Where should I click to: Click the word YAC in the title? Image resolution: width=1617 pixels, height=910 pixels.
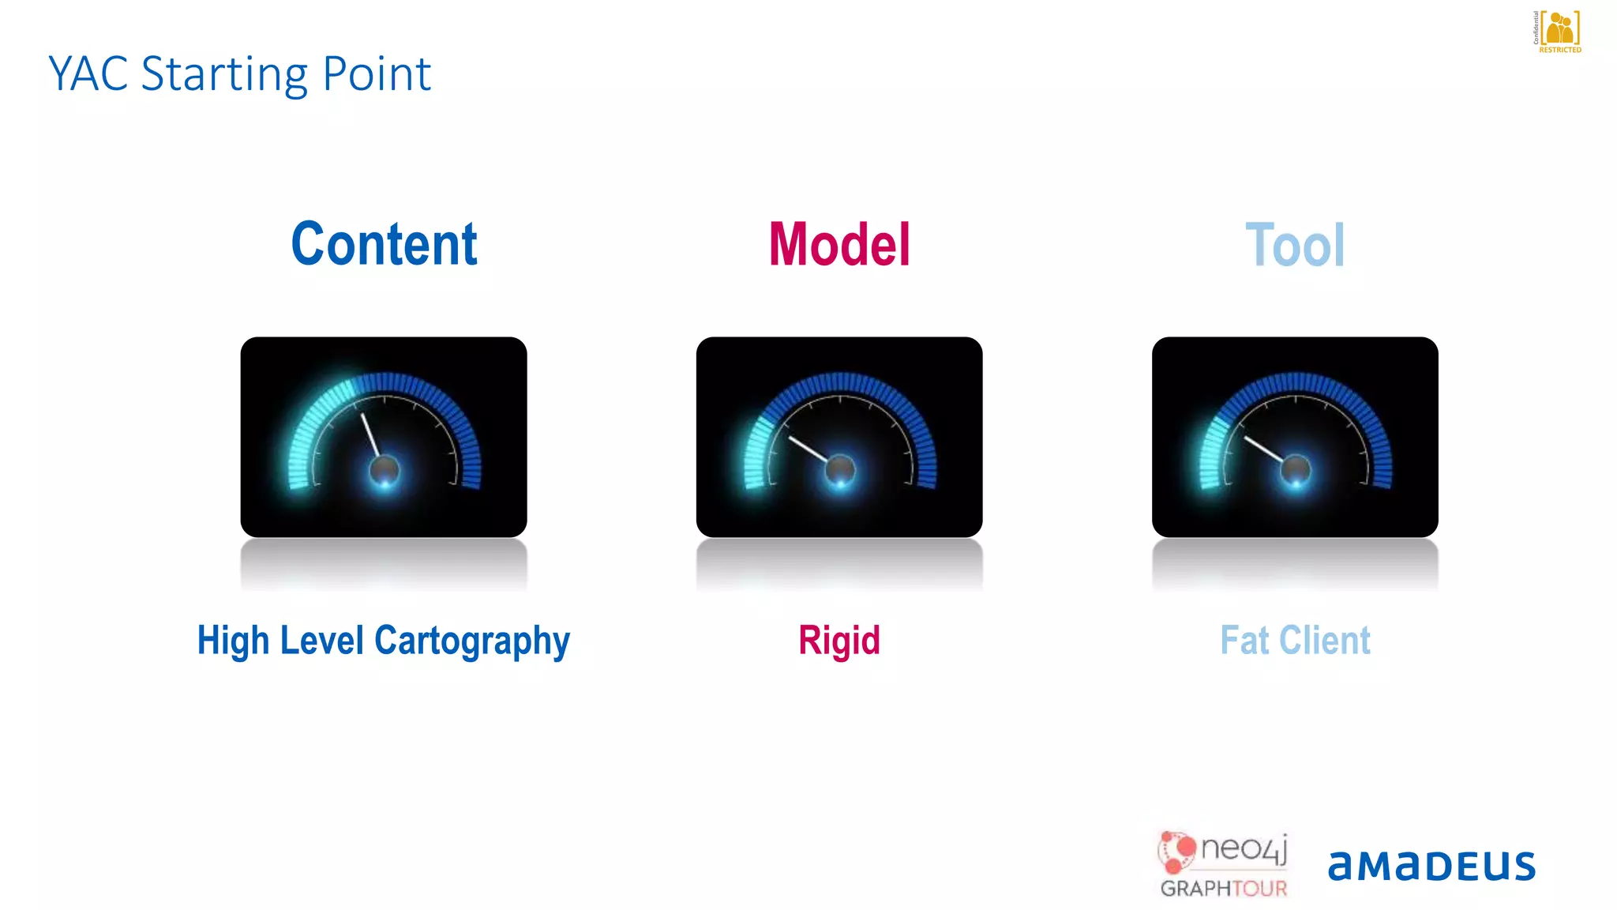click(88, 74)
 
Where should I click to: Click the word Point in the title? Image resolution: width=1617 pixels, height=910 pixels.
click(377, 74)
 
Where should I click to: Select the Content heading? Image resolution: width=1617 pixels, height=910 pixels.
click(384, 244)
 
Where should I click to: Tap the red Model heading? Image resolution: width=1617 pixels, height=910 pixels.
click(839, 245)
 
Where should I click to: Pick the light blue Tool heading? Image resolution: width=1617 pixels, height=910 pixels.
click(1295, 246)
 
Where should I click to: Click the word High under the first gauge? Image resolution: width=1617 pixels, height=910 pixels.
click(233, 641)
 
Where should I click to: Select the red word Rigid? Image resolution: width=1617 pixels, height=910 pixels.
click(839, 640)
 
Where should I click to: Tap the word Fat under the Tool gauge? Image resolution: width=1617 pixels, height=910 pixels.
click(1244, 640)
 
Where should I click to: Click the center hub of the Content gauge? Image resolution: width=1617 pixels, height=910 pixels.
click(385, 471)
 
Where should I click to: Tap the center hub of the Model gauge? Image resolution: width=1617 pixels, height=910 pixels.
click(840, 471)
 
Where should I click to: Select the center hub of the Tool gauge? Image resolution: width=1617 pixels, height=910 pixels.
click(1296, 471)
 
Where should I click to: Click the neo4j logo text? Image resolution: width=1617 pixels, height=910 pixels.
click(1244, 849)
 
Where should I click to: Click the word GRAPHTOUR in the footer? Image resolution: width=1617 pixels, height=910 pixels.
click(1223, 889)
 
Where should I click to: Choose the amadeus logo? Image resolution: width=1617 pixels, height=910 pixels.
click(1431, 866)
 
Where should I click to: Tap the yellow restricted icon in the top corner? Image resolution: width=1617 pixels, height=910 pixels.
click(1559, 30)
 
